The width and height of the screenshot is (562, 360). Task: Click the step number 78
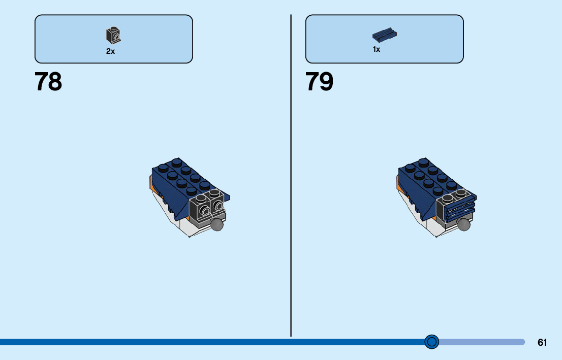[48, 82]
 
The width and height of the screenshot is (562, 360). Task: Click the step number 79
[319, 82]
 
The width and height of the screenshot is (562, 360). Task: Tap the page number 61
[542, 342]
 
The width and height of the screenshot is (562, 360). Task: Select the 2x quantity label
[110, 51]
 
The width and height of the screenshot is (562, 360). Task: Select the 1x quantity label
[377, 50]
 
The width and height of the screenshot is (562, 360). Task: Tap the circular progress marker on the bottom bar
[431, 342]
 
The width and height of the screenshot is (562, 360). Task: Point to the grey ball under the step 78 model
[217, 225]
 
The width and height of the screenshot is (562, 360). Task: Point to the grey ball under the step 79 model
[464, 225]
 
